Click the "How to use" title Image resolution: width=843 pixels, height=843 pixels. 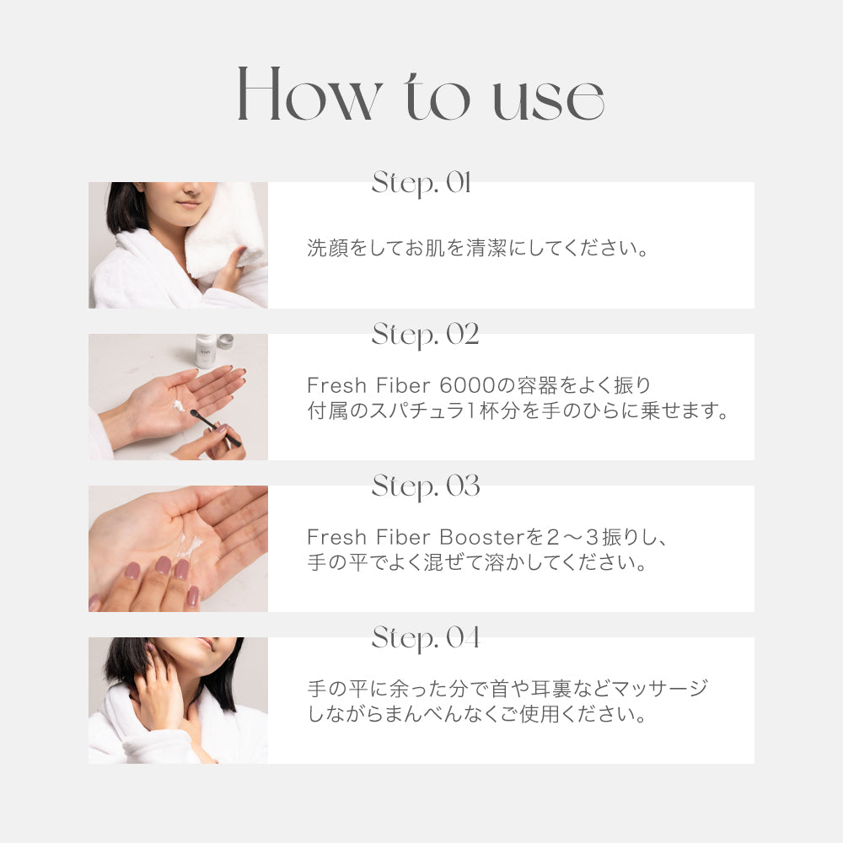coord(420,94)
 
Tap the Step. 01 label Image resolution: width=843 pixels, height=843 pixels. coord(421,184)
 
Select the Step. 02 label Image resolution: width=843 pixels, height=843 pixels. coord(425,336)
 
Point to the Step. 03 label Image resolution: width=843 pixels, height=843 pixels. coord(425,487)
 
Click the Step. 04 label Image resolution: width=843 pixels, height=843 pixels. coord(425,639)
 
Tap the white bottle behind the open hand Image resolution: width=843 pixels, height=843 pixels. coord(204,350)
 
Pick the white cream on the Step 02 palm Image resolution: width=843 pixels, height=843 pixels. coord(180,406)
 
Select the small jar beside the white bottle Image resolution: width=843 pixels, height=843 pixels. coord(226,341)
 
